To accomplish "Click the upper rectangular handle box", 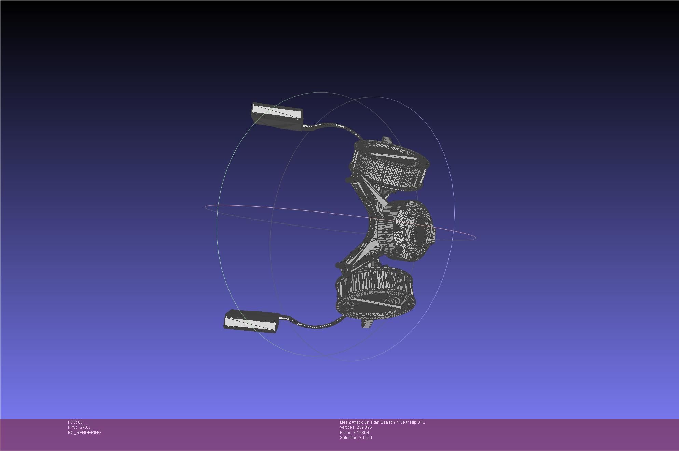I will pos(277,116).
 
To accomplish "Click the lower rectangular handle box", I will pos(251,321).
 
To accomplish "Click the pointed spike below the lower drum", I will pos(367,324).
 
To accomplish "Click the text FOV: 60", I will pos(75,422).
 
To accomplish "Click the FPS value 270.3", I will pos(85,427).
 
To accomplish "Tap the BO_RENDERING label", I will pos(84,433).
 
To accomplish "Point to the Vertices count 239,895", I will pos(364,427).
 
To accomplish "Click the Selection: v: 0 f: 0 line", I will pos(356,438).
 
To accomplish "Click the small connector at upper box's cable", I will pos(307,127).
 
